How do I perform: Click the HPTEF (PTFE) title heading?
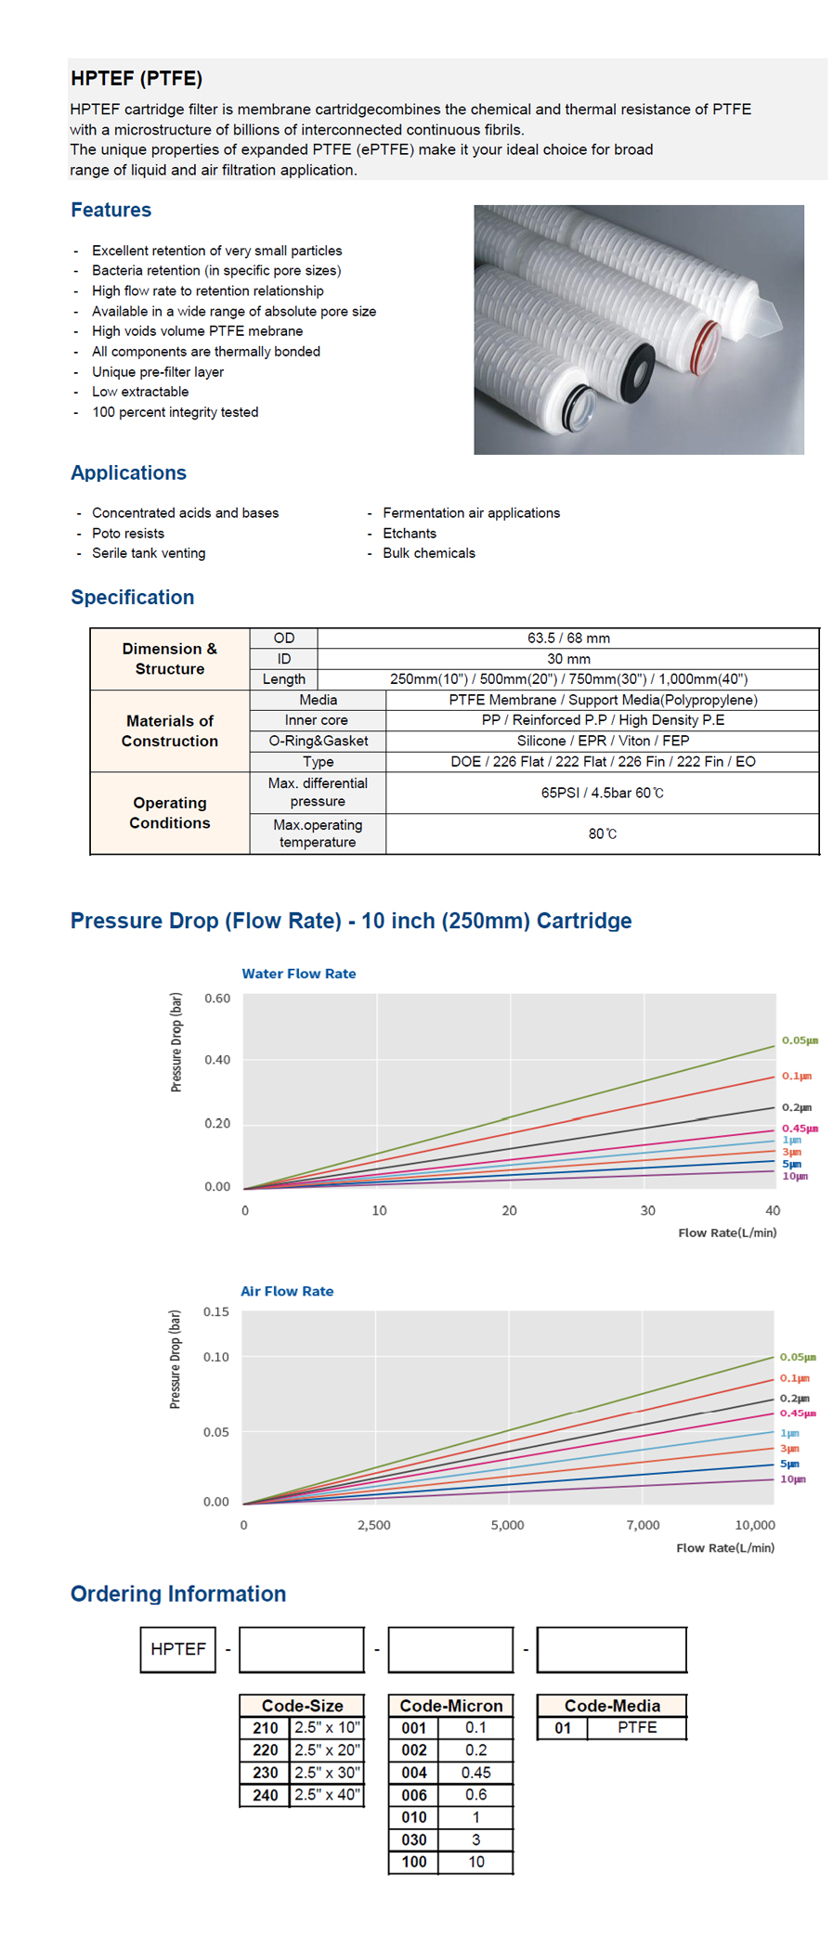click(137, 79)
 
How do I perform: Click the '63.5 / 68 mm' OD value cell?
click(568, 639)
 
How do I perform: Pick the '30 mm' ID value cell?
click(568, 659)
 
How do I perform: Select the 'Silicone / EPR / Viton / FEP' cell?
click(603, 741)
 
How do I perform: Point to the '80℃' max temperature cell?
click(603, 833)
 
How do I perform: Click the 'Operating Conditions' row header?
click(170, 813)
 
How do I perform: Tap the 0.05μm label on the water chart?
click(800, 1040)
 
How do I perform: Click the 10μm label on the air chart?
click(793, 1479)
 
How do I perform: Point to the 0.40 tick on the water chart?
click(217, 1060)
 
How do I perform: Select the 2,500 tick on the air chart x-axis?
click(374, 1525)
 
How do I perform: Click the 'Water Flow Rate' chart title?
click(299, 974)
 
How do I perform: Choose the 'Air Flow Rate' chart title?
click(287, 1291)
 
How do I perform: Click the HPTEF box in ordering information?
click(178, 1649)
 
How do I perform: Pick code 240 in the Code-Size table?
click(266, 1795)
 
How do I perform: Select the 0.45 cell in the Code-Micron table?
click(475, 1773)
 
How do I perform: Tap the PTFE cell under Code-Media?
click(637, 1727)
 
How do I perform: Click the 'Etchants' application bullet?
click(410, 534)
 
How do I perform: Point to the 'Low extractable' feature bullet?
click(140, 392)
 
